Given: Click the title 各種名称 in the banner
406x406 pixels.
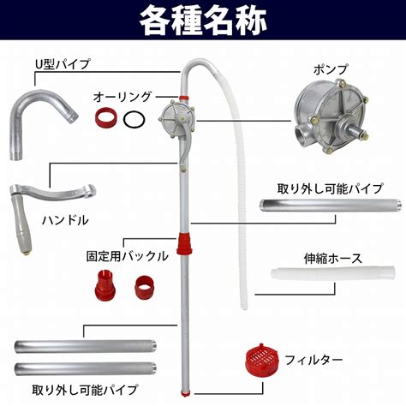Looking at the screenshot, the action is coord(203,21).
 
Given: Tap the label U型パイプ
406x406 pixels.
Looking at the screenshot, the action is coord(63,64).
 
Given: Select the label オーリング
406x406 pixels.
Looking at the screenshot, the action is coord(122,97).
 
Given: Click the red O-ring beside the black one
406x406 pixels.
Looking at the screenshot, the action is coord(106,117).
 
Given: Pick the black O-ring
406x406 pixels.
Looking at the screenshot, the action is coord(134,119).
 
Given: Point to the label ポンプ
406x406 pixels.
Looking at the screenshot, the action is coord(331,69).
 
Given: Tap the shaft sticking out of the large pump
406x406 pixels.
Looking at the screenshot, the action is coord(357,132).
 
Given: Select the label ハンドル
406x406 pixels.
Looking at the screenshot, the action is coord(65,220).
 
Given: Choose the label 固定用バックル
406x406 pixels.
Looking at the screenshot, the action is coord(128,256).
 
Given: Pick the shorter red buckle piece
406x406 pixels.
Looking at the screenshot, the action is coord(145,287).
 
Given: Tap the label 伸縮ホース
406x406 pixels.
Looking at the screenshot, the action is coord(333,259).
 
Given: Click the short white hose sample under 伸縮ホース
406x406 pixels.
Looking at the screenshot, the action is coord(333,273).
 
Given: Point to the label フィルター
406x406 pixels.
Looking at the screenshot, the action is coord(313,360).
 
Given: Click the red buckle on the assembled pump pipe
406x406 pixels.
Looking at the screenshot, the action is coord(184,242).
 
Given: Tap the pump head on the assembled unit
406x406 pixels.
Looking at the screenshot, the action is coord(177,118).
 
